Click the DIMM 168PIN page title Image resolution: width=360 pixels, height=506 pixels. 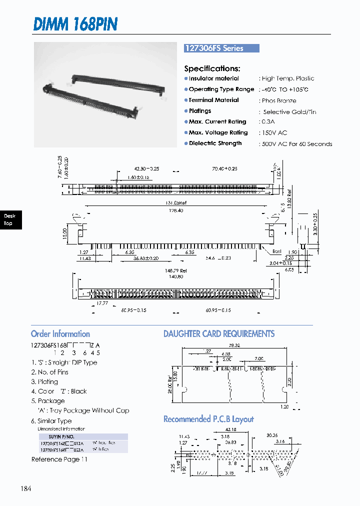(75, 23)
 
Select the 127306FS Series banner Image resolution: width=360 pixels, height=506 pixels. (221, 48)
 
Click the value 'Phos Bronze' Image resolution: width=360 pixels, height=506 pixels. (278, 100)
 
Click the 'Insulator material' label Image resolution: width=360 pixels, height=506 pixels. (213, 78)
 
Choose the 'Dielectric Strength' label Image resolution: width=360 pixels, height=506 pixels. (215, 143)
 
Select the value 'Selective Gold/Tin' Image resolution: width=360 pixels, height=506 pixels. (289, 111)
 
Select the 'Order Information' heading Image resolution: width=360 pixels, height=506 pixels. (60, 334)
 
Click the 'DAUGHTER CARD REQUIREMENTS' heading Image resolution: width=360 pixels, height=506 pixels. (219, 334)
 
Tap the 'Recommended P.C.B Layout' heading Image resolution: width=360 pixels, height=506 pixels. (208, 419)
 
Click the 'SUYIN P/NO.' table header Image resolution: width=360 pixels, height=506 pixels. (61, 436)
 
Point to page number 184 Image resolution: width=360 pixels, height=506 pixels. (26, 488)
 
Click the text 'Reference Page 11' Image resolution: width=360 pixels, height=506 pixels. (59, 459)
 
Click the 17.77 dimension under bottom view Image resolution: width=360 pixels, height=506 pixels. (102, 303)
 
